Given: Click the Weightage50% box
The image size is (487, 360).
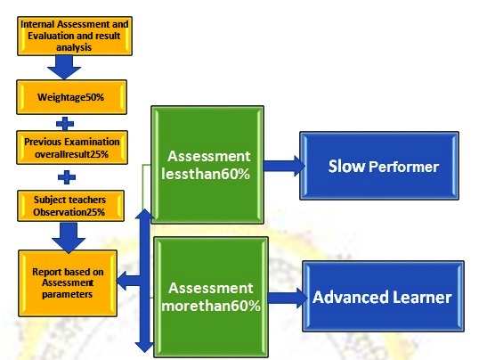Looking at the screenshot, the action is click(x=71, y=97).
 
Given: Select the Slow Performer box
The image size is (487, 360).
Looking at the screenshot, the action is click(x=379, y=166).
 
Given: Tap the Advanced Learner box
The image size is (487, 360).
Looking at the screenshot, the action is click(x=383, y=296).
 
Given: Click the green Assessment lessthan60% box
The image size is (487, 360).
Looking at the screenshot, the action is click(x=207, y=165).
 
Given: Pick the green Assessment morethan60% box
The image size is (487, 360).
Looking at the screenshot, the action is click(x=211, y=298).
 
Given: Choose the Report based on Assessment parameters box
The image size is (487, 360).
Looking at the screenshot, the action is click(x=68, y=283).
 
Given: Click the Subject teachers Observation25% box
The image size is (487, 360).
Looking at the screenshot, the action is click(x=70, y=206).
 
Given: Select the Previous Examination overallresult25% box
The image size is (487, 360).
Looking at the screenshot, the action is click(x=72, y=147).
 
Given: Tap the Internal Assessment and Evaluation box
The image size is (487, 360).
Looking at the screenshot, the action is click(x=75, y=36).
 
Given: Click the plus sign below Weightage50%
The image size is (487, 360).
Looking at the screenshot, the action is click(x=65, y=124).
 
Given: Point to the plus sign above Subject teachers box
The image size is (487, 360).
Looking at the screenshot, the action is click(x=67, y=177).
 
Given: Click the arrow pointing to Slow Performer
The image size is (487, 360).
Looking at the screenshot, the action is click(x=284, y=166).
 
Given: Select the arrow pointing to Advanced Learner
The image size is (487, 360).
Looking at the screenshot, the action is click(x=288, y=298).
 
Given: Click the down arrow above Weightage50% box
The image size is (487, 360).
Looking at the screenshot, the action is click(x=64, y=67).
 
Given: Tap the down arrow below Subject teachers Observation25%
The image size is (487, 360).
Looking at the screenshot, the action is click(x=69, y=238).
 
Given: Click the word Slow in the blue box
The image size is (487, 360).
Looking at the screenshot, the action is click(x=346, y=167).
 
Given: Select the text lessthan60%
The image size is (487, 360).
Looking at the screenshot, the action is click(x=206, y=174).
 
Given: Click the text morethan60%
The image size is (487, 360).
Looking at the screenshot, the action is click(x=211, y=306).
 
